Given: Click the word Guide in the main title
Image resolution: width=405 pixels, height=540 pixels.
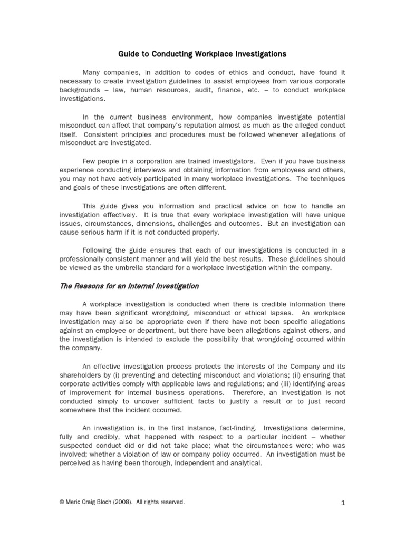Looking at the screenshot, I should [128, 54].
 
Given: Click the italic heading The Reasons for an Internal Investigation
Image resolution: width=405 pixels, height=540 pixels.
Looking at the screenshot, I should [129, 286].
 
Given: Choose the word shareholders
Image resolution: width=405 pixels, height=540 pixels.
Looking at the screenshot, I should [82, 375].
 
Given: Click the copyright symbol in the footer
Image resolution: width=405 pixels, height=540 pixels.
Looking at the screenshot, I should [62, 503].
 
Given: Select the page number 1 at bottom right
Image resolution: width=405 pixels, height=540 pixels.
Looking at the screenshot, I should [343, 504].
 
